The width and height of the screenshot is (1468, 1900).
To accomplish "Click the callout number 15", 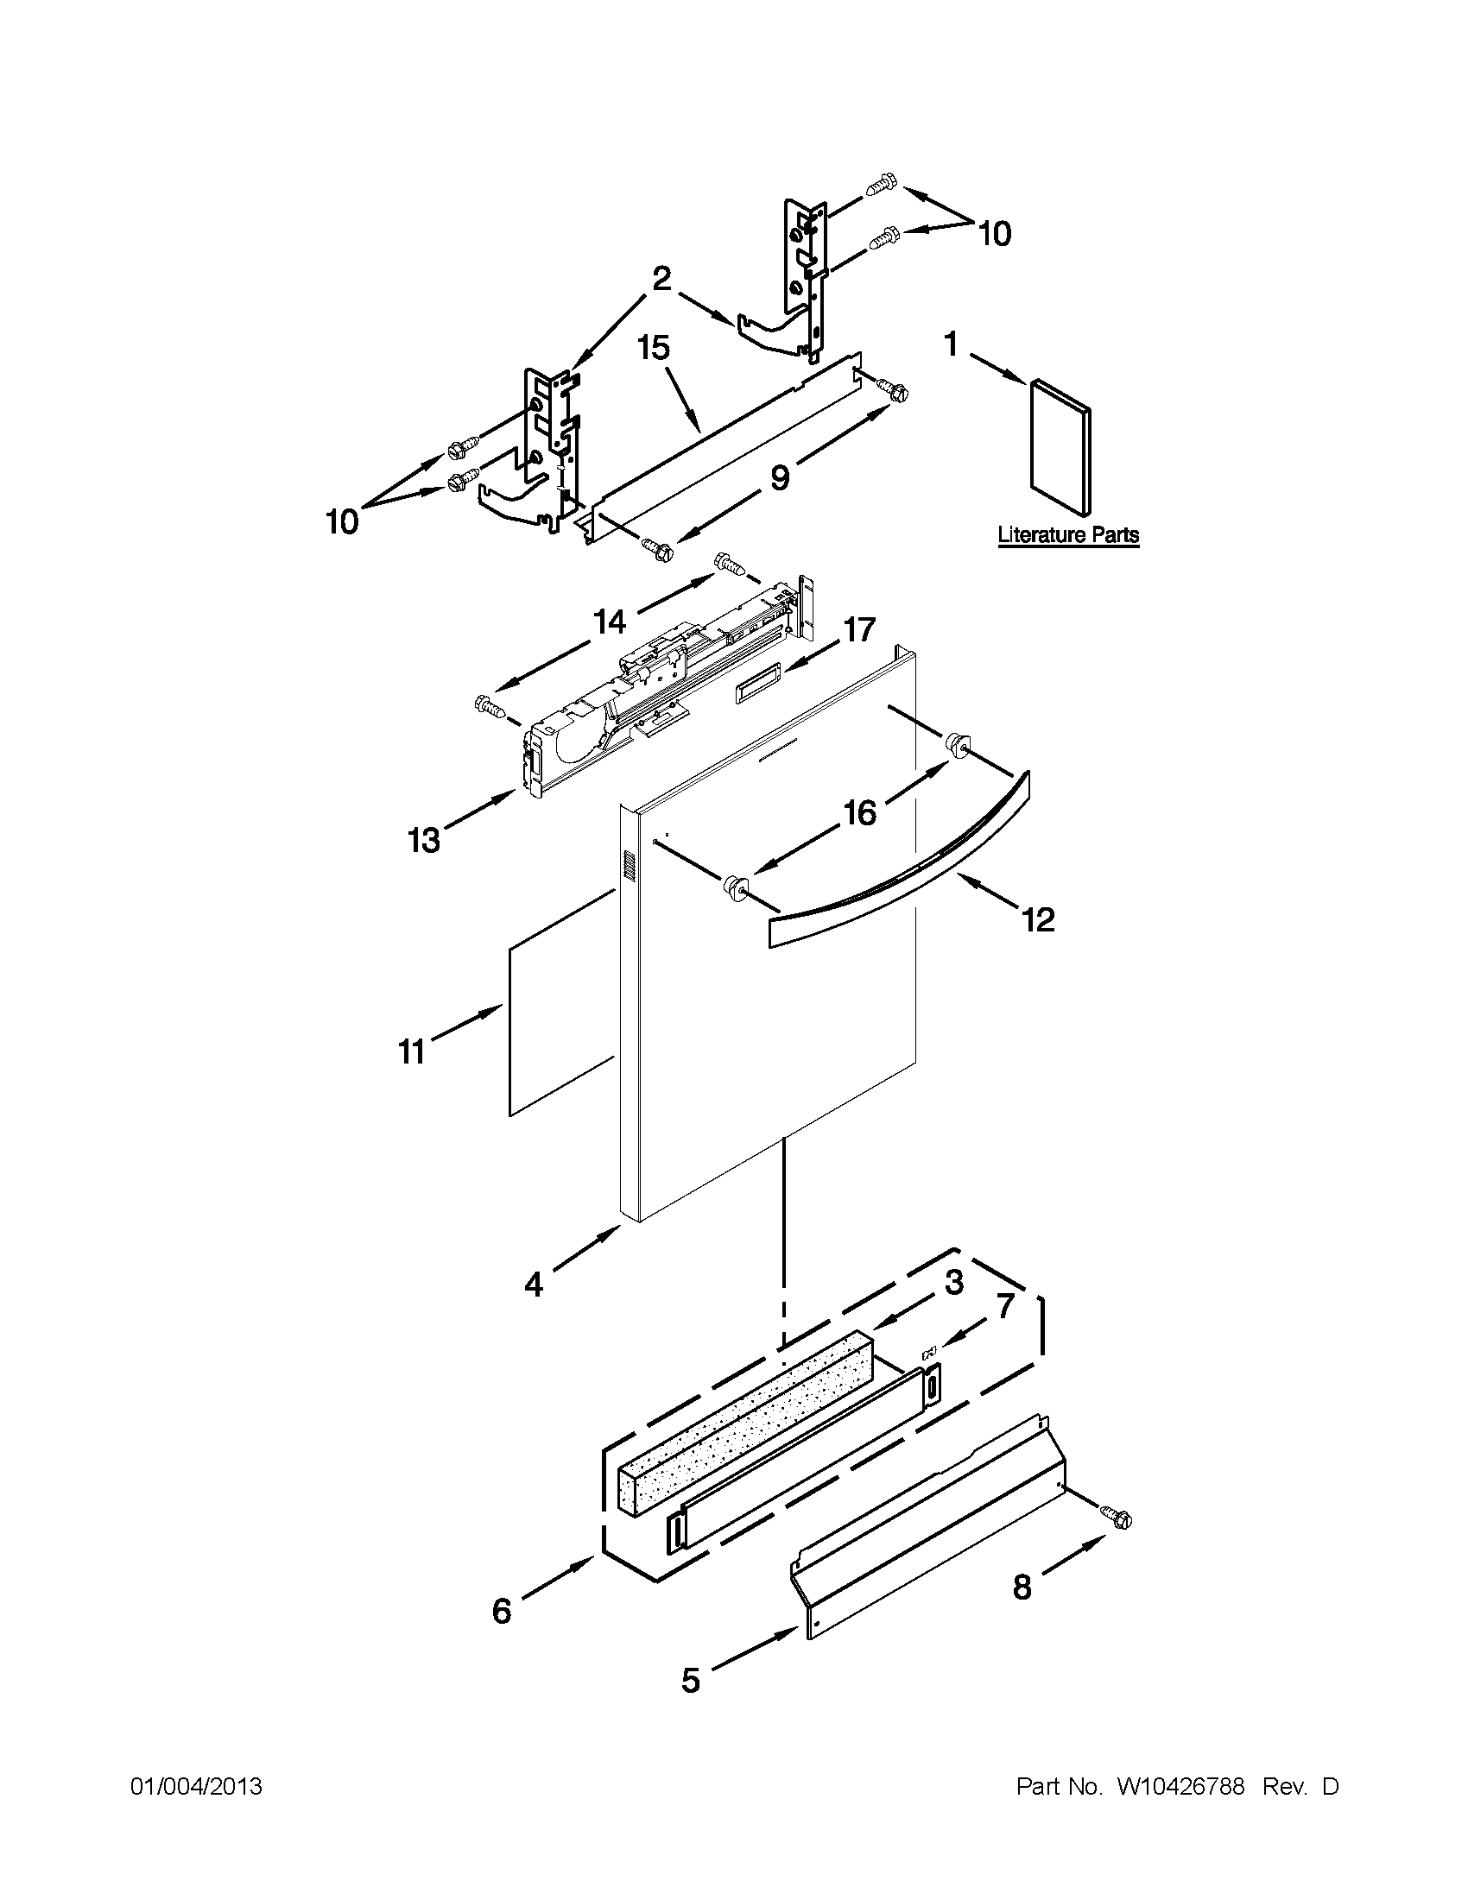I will [654, 348].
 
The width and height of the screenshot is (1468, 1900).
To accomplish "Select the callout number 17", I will [859, 629].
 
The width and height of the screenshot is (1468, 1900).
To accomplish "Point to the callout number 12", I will [1038, 918].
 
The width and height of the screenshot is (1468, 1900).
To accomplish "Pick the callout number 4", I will [534, 1284].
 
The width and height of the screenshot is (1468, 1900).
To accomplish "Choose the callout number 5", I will [690, 1680].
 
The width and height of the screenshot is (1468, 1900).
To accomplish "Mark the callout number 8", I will [1022, 1588].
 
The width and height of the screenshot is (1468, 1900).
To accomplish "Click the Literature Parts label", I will [1067, 534].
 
